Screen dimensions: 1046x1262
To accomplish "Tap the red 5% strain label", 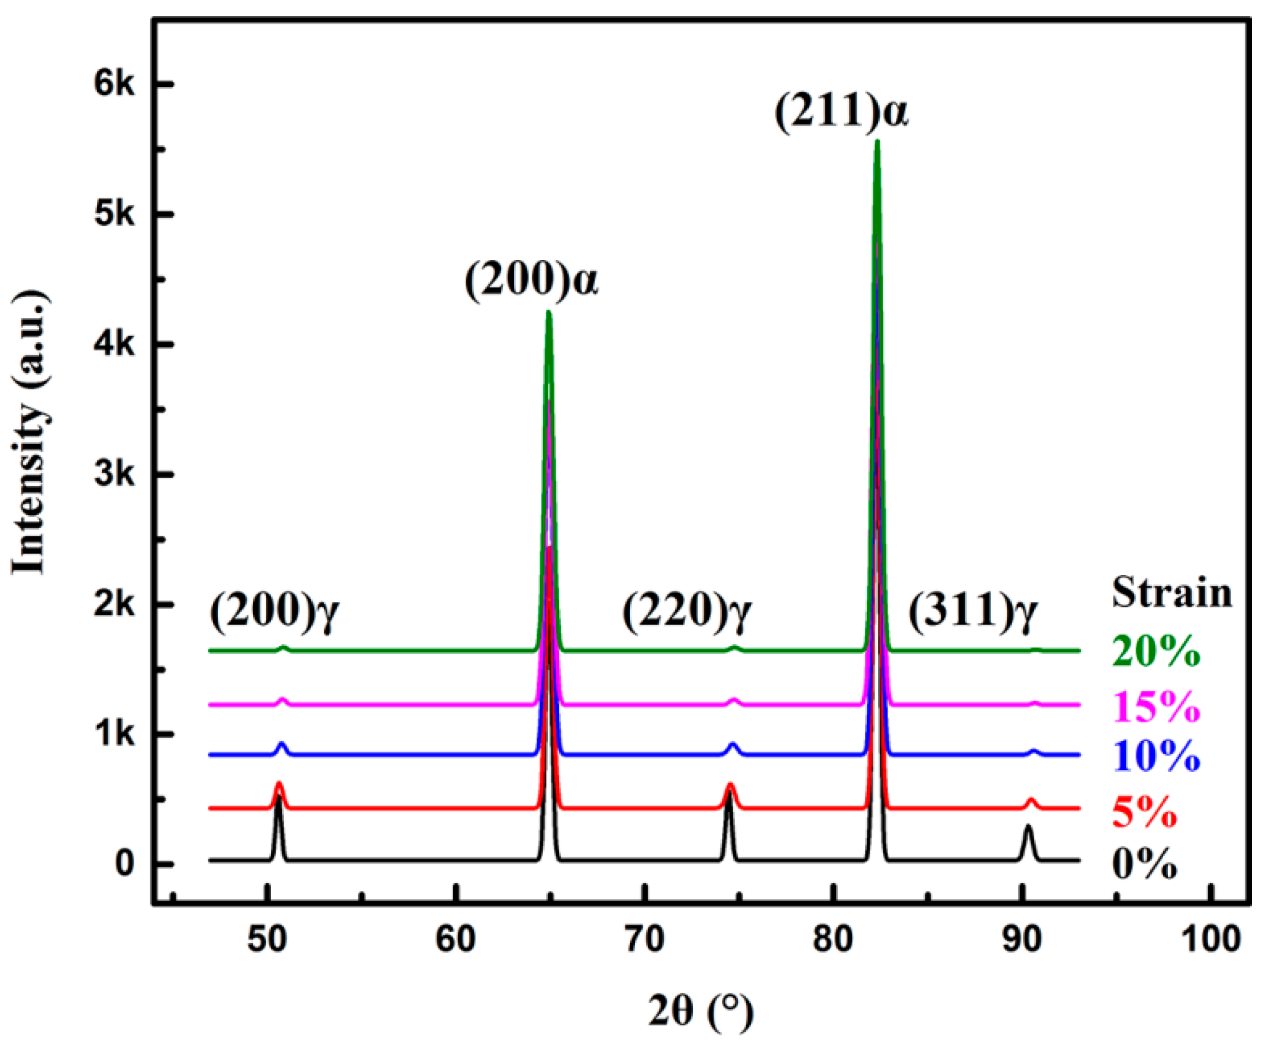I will click(x=1144, y=812).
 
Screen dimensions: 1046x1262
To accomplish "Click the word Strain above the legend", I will click(x=1171, y=593).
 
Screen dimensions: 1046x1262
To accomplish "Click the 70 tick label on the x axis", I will click(x=645, y=939).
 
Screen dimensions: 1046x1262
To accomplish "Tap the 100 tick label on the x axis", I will click(x=1212, y=939).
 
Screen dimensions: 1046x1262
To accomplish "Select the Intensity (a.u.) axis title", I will click(x=29, y=433).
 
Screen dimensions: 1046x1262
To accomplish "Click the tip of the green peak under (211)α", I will click(x=877, y=142).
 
